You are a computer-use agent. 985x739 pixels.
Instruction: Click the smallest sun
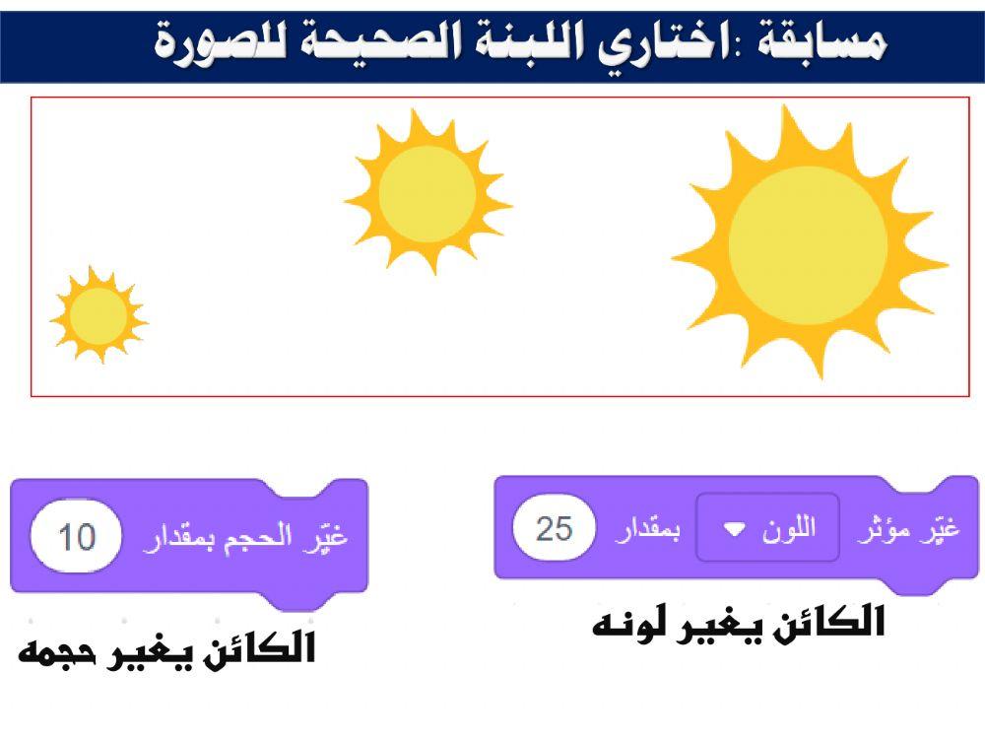[x=98, y=316]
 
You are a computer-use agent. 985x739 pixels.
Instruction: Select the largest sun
[x=808, y=246]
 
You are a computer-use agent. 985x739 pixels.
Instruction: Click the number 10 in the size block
[x=77, y=537]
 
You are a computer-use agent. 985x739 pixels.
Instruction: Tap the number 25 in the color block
[x=554, y=529]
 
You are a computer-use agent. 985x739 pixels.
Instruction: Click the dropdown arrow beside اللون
[x=735, y=530]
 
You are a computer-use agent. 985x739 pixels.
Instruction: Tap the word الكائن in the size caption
[x=260, y=650]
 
